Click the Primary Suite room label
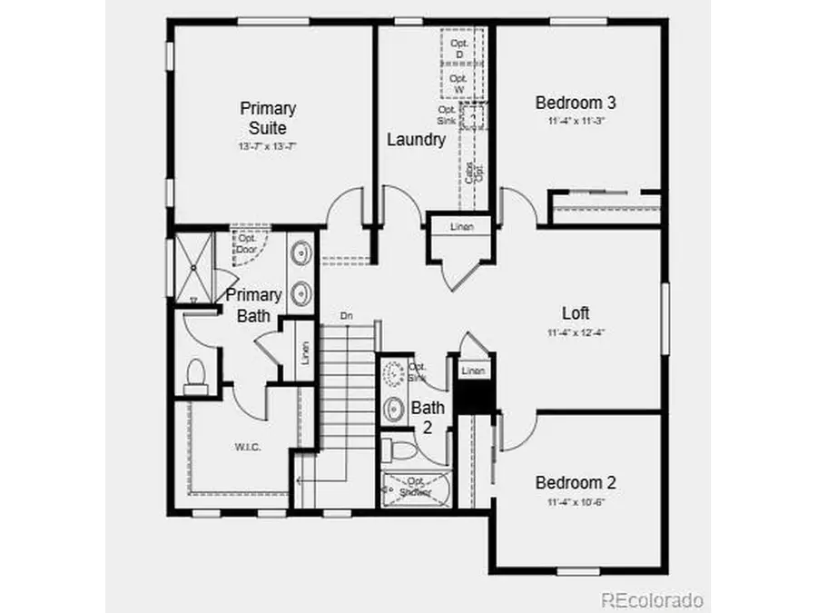268,117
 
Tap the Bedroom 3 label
570,103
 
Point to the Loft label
576,313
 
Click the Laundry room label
416,140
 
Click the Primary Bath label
253,305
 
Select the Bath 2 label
428,417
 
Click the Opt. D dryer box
458,49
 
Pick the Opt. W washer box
458,84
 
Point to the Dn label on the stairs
346,315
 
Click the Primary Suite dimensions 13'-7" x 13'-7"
268,145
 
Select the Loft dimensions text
576,332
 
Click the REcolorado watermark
653,599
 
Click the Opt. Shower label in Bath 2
417,487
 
